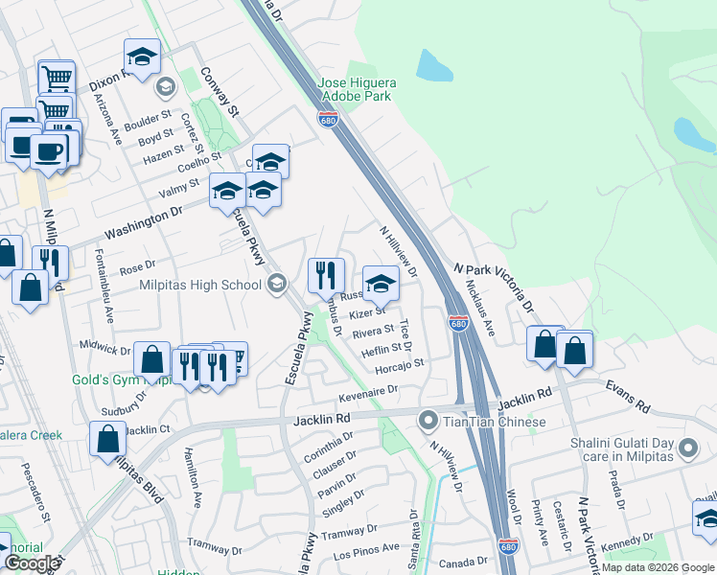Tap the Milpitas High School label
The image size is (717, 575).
200,284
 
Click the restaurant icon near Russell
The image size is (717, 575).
326,276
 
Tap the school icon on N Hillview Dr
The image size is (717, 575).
381,284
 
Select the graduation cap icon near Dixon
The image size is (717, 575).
142,57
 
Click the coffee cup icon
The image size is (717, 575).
48,149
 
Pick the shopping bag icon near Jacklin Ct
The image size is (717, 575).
108,440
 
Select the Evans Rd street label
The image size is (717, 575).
626,396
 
